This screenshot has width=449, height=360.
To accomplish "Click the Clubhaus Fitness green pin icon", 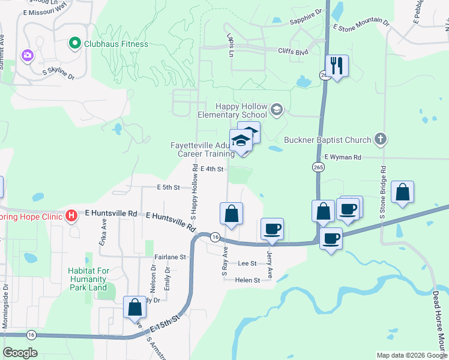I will [x=74, y=43].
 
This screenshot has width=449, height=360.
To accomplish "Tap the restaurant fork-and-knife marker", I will [x=337, y=65].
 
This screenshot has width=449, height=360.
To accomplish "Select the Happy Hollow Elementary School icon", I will [x=276, y=109].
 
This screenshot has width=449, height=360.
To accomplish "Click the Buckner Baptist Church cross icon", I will [x=379, y=140].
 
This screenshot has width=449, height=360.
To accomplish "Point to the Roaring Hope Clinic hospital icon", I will [x=71, y=214].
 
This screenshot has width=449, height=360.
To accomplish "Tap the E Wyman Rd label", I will [x=342, y=157].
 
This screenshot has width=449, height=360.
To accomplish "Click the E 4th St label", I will [x=212, y=169].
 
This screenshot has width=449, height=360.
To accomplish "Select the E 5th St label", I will [x=168, y=187].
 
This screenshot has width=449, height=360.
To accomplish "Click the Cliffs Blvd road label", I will [x=293, y=52].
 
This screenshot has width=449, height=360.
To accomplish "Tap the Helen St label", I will [x=247, y=280].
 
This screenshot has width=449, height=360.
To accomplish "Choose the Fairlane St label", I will [x=171, y=257].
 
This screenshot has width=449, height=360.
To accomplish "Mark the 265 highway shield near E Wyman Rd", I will [x=318, y=167].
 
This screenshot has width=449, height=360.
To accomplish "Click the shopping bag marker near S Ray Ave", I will [x=232, y=214].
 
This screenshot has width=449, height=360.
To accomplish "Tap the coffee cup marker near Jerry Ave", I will [x=273, y=229].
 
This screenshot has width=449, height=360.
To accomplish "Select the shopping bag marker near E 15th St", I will [x=134, y=307].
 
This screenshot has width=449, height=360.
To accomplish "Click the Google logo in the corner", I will [x=20, y=353].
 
